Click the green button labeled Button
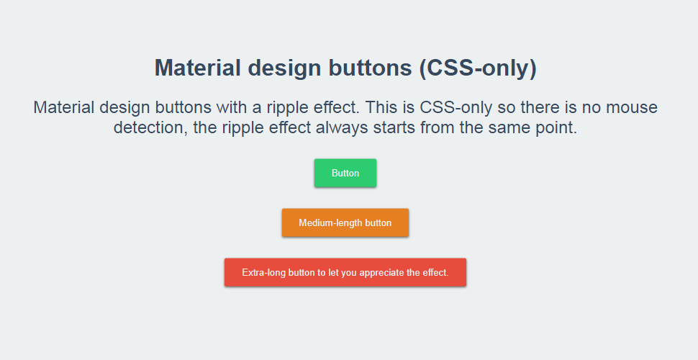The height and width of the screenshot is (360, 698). tap(345, 173)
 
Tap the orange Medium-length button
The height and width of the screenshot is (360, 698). tap(345, 222)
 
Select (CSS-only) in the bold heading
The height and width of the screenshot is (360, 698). tap(479, 68)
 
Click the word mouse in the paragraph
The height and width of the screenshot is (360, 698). tap(629, 108)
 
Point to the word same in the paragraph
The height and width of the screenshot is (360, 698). tap(509, 129)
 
